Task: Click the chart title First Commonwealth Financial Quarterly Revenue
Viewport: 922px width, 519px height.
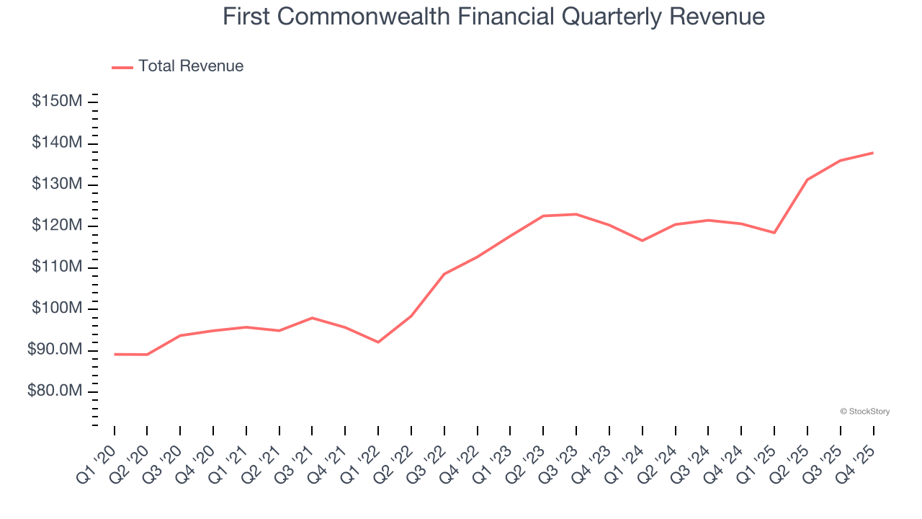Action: pyautogui.click(x=493, y=16)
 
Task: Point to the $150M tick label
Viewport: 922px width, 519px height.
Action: pyautogui.click(x=57, y=101)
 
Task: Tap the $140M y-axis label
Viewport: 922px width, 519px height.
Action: pyautogui.click(x=57, y=143)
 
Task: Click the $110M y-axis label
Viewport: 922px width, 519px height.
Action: pyautogui.click(x=57, y=267)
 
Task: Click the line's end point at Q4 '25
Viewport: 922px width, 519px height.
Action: pyautogui.click(x=873, y=153)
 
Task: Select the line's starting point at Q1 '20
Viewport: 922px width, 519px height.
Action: pyautogui.click(x=115, y=354)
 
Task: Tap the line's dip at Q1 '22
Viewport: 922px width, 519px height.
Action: pyautogui.click(x=378, y=342)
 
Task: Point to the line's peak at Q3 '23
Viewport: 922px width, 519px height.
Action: pyautogui.click(x=576, y=214)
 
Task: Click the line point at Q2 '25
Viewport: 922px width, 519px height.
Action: pyautogui.click(x=807, y=179)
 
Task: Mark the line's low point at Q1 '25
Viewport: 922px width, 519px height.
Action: pyautogui.click(x=774, y=233)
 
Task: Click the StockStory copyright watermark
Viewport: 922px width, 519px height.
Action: pyautogui.click(x=865, y=412)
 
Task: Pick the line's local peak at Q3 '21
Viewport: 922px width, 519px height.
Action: pyautogui.click(x=312, y=318)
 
